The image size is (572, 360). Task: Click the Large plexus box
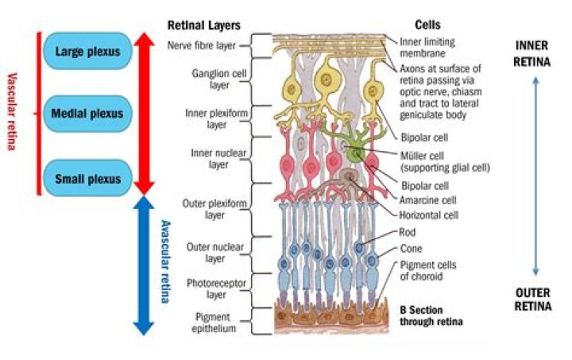click(87, 52)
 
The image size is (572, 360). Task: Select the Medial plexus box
click(87, 114)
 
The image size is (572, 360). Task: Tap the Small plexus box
click(87, 179)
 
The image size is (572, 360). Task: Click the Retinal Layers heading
click(203, 25)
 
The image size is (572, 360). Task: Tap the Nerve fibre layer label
click(203, 45)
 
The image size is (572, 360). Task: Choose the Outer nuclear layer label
click(208, 252)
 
